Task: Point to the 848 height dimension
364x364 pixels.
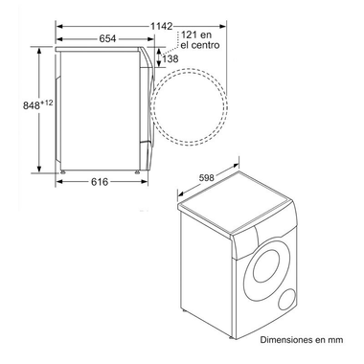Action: (x=17, y=105)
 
